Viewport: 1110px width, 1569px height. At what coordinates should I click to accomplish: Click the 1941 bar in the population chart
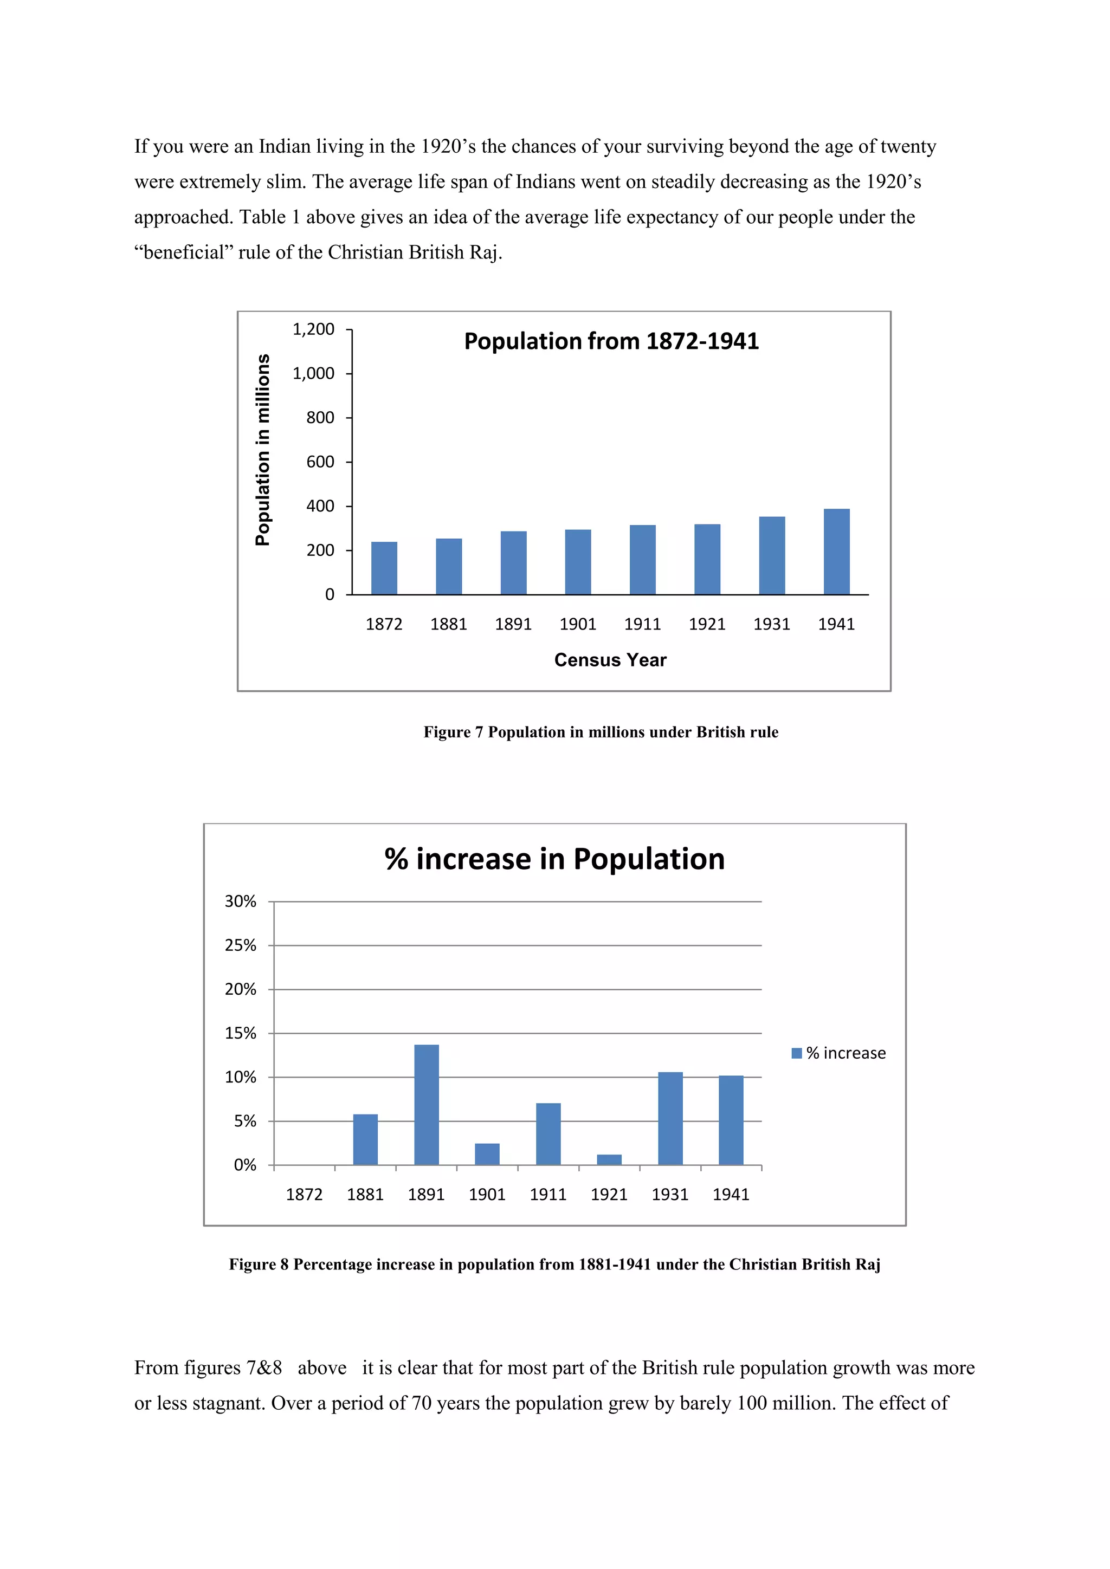pyautogui.click(x=837, y=552)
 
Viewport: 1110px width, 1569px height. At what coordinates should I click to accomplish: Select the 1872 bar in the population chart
pyautogui.click(x=384, y=568)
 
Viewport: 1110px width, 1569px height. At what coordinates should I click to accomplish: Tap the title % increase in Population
pyautogui.click(x=554, y=859)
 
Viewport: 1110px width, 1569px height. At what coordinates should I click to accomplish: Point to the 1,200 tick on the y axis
pyautogui.click(x=314, y=329)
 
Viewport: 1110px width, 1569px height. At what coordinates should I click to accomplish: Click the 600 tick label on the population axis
pyautogui.click(x=320, y=462)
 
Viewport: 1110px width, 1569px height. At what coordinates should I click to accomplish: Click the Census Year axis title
pyautogui.click(x=610, y=660)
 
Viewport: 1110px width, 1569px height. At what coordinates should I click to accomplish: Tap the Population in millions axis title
pyautogui.click(x=262, y=450)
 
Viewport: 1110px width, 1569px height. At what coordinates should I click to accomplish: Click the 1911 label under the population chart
pyautogui.click(x=642, y=624)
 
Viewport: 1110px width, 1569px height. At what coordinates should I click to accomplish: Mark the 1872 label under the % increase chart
pyautogui.click(x=304, y=1195)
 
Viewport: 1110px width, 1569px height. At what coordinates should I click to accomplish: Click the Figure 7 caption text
pyautogui.click(x=601, y=732)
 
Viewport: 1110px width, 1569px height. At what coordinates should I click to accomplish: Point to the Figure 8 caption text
pyautogui.click(x=554, y=1264)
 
